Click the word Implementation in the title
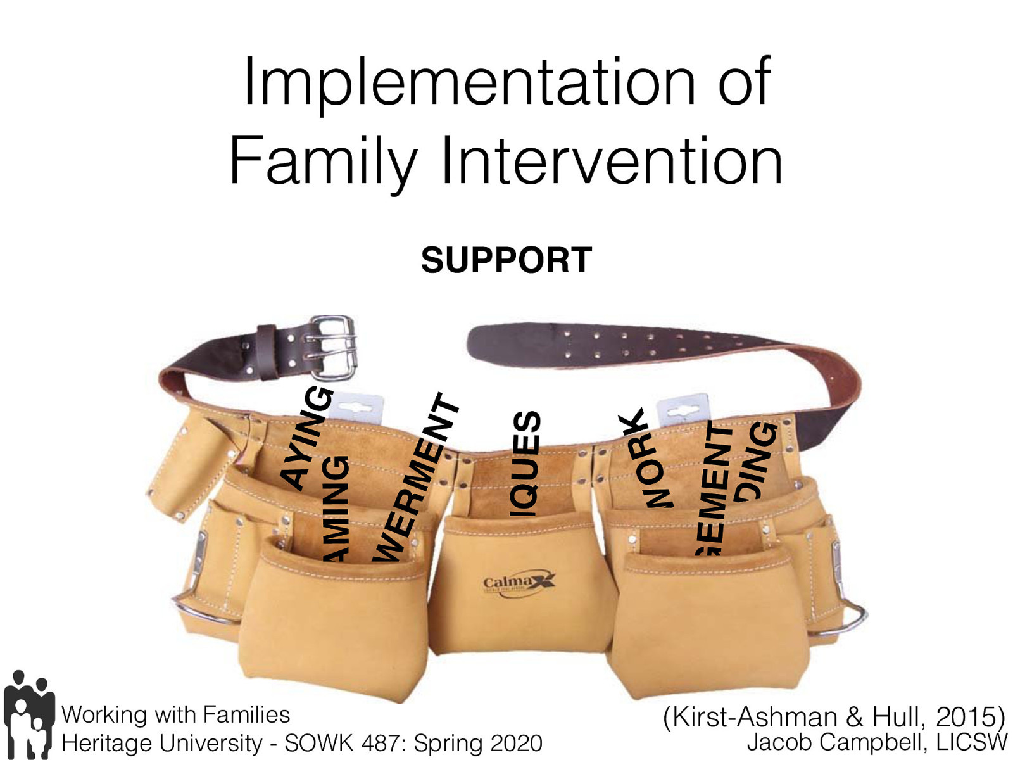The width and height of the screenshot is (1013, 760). pyautogui.click(x=469, y=82)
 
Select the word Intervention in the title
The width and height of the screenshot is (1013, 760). pyautogui.click(x=612, y=161)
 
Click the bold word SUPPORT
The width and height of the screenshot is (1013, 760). pyautogui.click(x=507, y=260)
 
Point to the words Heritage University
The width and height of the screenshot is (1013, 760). pyautogui.click(x=162, y=743)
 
